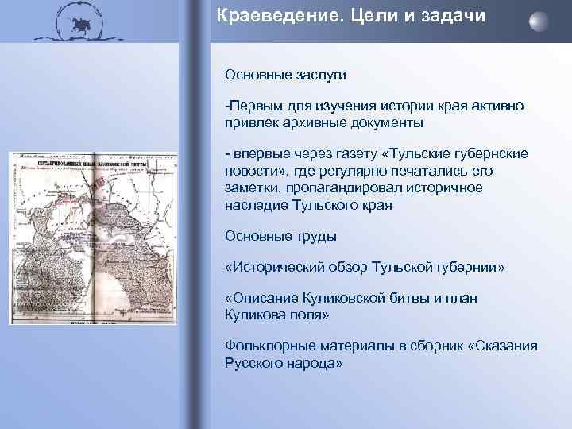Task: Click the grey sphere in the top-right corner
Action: pyautogui.click(x=539, y=21)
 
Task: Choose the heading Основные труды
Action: pyautogui.click(x=280, y=236)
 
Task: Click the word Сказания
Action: pyautogui.click(x=501, y=347)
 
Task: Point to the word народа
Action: pyautogui.click(x=313, y=363)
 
